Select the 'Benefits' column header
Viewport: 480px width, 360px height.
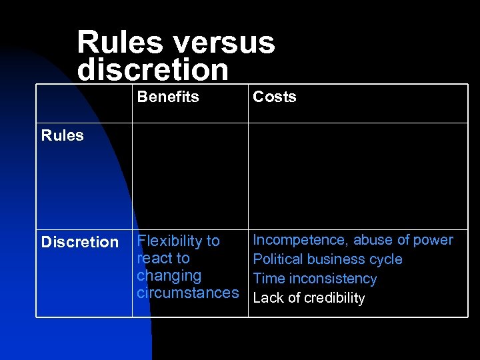point(168,97)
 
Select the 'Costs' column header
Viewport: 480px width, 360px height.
point(274,97)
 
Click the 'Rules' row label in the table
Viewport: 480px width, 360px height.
point(62,135)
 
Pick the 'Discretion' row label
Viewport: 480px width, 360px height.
point(79,242)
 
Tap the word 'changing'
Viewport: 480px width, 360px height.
point(169,275)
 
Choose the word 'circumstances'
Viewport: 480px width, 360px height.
point(187,293)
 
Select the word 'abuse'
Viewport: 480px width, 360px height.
point(374,240)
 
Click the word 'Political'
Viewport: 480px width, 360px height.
point(277,259)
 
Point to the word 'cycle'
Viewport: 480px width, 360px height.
point(386,259)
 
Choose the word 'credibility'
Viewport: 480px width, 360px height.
point(334,298)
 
